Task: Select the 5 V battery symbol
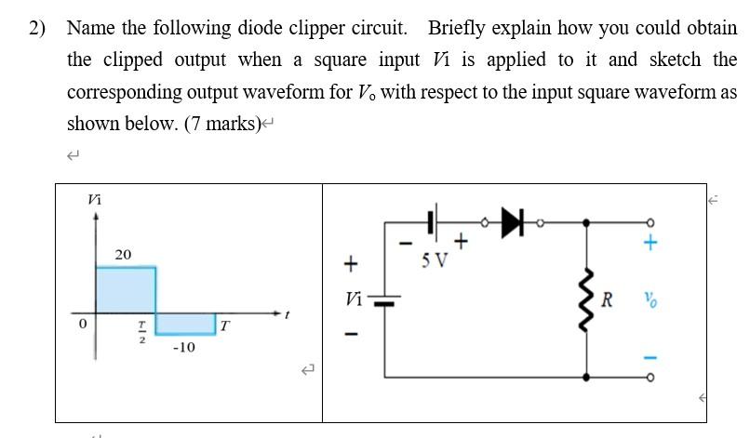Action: [x=434, y=222]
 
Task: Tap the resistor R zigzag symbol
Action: [x=586, y=299]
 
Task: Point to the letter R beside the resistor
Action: [x=608, y=299]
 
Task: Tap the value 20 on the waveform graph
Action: [x=123, y=254]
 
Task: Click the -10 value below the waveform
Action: [x=183, y=347]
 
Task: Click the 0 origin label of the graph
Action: [x=83, y=325]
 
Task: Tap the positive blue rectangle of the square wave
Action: [x=125, y=289]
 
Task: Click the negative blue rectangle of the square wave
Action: [x=185, y=323]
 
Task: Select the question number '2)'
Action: [x=36, y=27]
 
